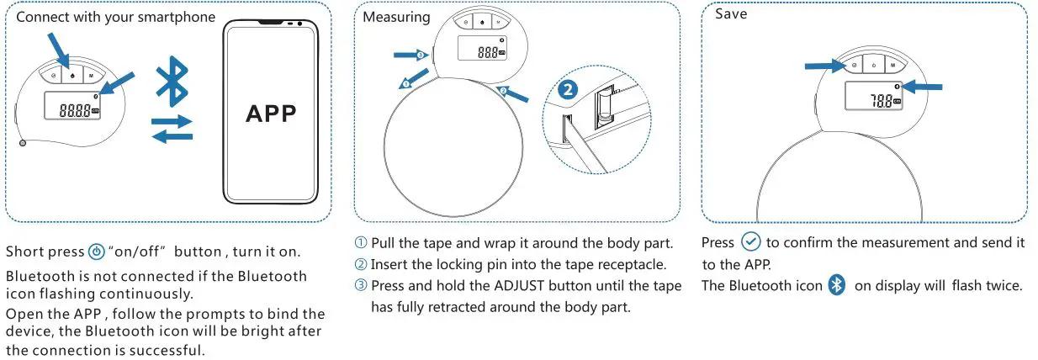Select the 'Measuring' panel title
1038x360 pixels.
click(396, 16)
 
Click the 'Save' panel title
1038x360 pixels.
click(731, 14)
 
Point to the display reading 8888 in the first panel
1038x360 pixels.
click(71, 109)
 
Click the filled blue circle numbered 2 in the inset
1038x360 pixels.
click(568, 90)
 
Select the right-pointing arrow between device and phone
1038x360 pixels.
click(172, 122)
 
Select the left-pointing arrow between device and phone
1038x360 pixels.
click(172, 137)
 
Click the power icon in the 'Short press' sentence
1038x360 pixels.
click(97, 252)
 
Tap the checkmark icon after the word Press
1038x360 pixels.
click(750, 242)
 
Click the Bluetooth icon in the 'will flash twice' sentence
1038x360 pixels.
click(836, 284)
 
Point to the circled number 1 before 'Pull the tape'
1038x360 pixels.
click(361, 243)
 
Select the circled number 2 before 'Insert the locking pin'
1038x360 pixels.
click(361, 264)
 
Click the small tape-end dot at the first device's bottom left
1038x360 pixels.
click(22, 143)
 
